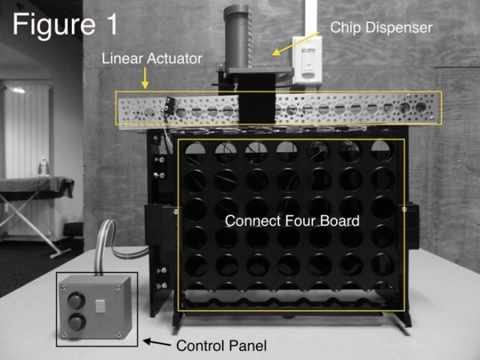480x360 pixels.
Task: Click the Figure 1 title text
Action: pos(65,25)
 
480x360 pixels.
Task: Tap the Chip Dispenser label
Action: pos(382,28)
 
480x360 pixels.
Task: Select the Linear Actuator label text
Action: pos(151,58)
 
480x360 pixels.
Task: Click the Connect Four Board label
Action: pos(292,220)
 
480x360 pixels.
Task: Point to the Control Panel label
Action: pos(221,346)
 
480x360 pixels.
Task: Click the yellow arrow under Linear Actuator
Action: pos(145,78)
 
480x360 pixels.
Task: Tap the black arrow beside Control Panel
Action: pos(157,343)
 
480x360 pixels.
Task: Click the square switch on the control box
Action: pos(100,305)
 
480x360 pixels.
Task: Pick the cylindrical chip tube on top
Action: pos(236,37)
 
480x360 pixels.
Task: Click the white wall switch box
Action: pos(307,60)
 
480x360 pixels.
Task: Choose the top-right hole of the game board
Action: pos(382,151)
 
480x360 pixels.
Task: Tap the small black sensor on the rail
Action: pos(168,105)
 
